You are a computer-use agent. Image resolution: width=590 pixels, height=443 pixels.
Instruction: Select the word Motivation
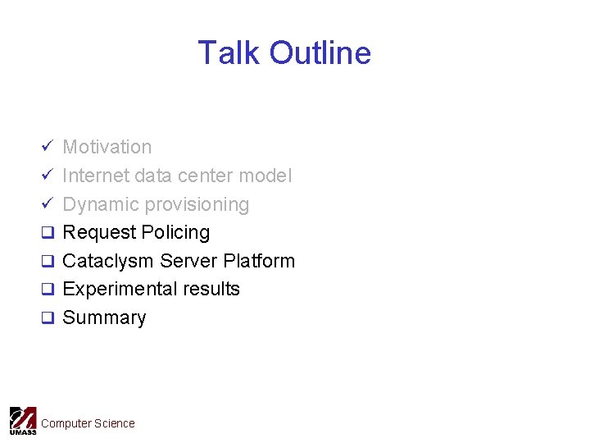click(107, 147)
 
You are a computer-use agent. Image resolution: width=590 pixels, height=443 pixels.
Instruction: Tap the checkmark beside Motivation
click(48, 147)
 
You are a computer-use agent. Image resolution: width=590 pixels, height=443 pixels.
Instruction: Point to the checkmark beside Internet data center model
click(48, 176)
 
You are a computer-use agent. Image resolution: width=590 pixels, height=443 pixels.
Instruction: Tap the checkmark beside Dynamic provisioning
click(48, 204)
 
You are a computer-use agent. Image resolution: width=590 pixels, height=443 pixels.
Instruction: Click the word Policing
click(175, 232)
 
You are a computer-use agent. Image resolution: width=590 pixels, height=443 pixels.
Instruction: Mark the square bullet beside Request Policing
click(48, 233)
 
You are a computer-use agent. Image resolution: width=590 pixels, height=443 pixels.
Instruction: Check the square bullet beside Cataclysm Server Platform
click(48, 262)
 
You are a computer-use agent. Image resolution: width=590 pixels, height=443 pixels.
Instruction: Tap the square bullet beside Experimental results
click(48, 290)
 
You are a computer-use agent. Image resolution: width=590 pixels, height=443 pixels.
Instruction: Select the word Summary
click(104, 317)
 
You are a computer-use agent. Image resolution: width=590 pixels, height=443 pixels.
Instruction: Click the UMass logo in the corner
click(22, 421)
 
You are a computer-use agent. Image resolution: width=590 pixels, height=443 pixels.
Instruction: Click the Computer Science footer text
click(88, 423)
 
